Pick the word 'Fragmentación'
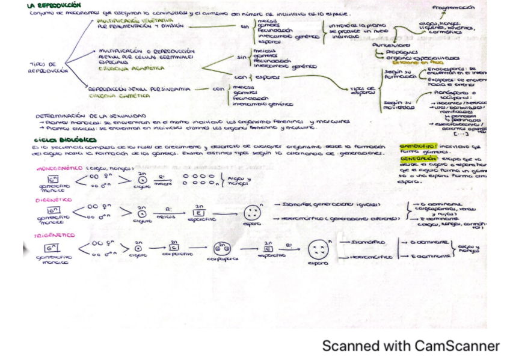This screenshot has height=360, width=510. coord(453,8)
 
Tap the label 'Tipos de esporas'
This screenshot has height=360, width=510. coord(363,91)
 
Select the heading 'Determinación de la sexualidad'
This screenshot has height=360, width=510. coord(90,115)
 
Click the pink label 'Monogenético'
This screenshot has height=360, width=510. coord(60,168)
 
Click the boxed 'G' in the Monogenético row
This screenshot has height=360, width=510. coord(52,179)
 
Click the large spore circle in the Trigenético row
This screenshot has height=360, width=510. coord(318,249)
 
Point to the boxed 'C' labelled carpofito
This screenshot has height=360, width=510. coord(173,246)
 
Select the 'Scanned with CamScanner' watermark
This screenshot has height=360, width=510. coord(411,346)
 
